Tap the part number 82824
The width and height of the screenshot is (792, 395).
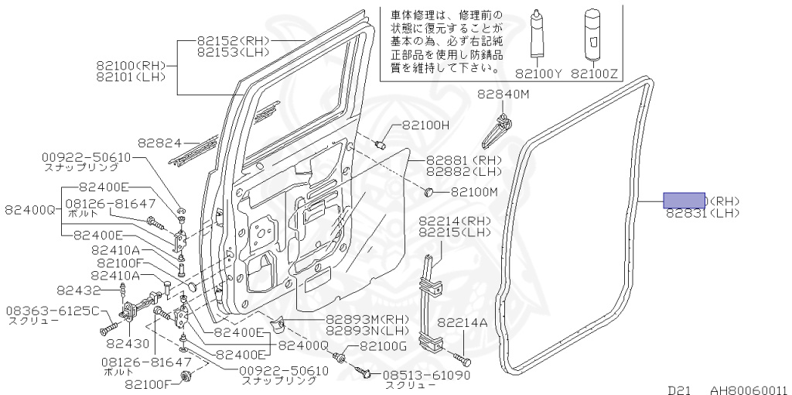[x=159, y=143]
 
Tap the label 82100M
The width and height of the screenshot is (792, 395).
[x=474, y=191]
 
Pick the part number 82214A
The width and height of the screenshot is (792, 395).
[x=463, y=322]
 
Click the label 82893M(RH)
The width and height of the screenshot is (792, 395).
[x=367, y=318]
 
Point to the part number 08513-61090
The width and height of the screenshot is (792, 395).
[x=427, y=375]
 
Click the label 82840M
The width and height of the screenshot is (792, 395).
[x=502, y=94]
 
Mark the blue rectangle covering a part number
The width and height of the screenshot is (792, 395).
[x=684, y=201]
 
